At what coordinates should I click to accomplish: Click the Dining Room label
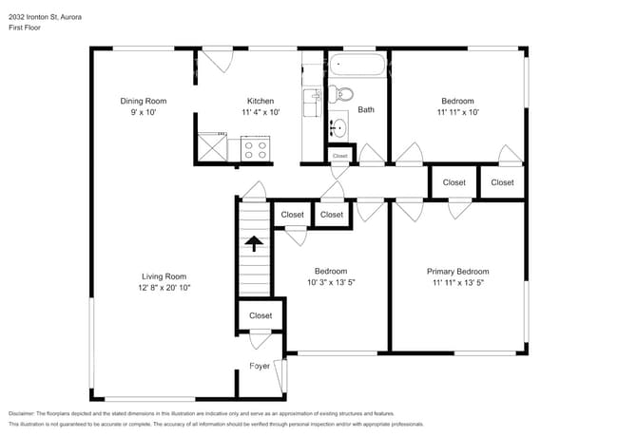click(x=144, y=101)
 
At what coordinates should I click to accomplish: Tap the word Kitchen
click(x=261, y=101)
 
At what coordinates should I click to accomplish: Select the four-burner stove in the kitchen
click(x=256, y=148)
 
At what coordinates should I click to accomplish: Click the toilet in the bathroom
click(x=343, y=93)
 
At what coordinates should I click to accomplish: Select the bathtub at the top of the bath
click(x=357, y=67)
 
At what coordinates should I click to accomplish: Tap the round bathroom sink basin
click(x=338, y=127)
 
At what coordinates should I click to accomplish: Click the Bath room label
click(x=366, y=109)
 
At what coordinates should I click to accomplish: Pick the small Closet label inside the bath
click(x=339, y=155)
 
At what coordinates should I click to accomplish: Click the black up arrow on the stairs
click(x=253, y=244)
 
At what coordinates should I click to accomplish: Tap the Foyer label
click(x=260, y=365)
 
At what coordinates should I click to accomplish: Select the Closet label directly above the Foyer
click(x=260, y=315)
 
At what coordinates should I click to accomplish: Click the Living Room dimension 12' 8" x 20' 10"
click(x=157, y=287)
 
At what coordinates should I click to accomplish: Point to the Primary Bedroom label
click(x=457, y=271)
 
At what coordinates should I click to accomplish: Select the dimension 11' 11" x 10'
click(x=457, y=112)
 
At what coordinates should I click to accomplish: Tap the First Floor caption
click(x=27, y=27)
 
